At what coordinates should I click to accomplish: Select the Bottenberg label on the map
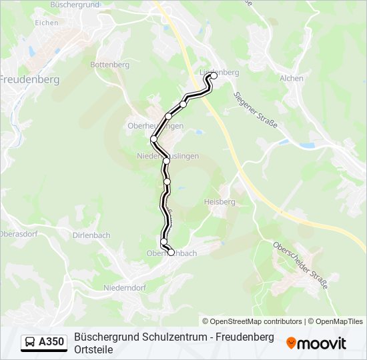point(109,65)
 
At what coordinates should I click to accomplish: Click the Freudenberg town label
point(29,79)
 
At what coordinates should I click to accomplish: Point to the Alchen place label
point(292,78)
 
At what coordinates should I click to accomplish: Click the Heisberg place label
point(220,201)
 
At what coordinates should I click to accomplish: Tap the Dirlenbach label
point(91,235)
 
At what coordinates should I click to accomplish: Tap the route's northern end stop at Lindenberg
point(214,75)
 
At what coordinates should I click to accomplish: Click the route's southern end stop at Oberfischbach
point(171,252)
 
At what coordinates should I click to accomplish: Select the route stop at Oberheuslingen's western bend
point(154,139)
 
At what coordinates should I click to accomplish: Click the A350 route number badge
point(51,343)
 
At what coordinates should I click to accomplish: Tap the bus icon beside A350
point(30,343)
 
